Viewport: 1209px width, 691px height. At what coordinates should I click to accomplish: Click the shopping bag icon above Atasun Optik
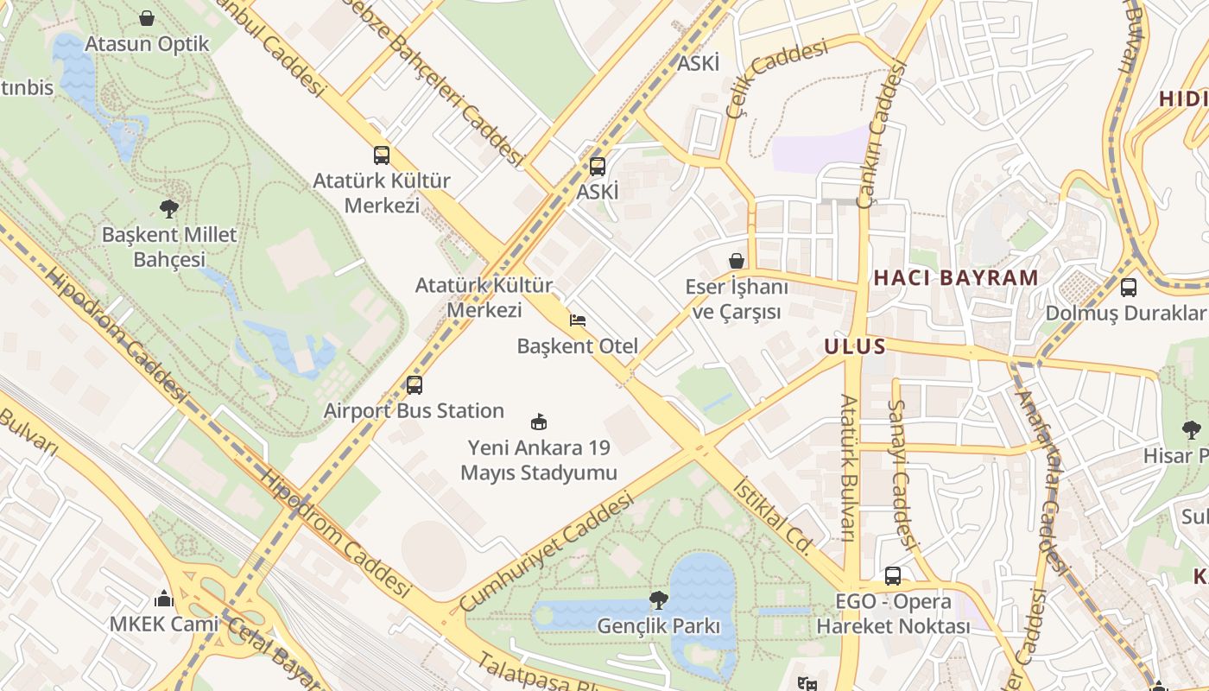click(147, 18)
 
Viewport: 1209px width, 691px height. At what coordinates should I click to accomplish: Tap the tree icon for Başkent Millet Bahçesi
click(169, 207)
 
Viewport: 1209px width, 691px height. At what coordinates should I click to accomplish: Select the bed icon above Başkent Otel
click(578, 320)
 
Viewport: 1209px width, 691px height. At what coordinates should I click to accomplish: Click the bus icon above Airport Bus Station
click(415, 384)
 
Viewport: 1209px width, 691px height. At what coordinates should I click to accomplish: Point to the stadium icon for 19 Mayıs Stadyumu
click(539, 422)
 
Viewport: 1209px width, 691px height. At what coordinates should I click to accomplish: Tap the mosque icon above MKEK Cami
click(164, 598)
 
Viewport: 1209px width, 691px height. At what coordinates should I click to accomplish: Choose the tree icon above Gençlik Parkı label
click(659, 599)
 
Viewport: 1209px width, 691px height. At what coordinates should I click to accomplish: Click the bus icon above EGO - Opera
click(893, 575)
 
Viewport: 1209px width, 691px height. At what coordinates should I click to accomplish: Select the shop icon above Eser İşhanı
click(736, 260)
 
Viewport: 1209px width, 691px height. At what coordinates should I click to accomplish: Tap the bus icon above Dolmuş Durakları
click(1128, 287)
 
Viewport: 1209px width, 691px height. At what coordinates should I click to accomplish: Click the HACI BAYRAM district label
click(955, 278)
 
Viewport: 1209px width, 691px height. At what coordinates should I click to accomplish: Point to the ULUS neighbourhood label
click(855, 347)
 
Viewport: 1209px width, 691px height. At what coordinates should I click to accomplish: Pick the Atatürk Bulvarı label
click(849, 468)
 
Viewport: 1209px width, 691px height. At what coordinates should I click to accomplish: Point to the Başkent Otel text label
click(578, 346)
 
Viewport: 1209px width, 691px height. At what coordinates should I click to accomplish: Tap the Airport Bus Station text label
click(414, 410)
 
